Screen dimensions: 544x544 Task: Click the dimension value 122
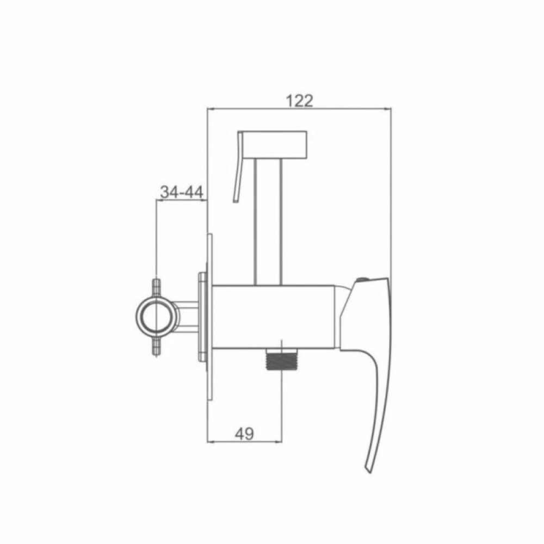click(x=299, y=100)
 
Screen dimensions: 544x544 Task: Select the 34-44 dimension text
click(x=181, y=191)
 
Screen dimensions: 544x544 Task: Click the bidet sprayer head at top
click(x=274, y=143)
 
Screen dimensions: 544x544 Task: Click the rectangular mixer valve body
click(x=272, y=316)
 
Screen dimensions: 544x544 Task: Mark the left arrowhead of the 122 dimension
click(x=211, y=109)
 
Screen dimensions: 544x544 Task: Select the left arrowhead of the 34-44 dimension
click(x=159, y=201)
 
